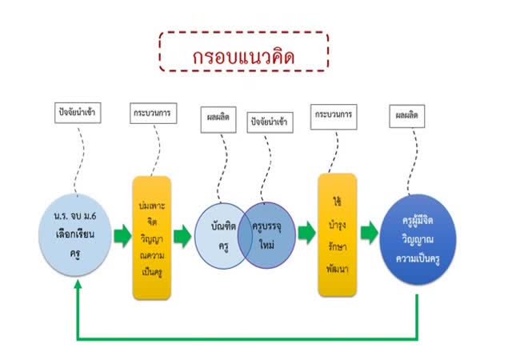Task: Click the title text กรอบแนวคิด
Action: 244,56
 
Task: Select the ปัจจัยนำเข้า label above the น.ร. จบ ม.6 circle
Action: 78,112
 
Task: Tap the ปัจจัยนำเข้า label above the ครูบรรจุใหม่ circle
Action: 270,122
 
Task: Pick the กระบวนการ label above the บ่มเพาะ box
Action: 153,113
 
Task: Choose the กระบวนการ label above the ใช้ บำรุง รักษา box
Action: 334,114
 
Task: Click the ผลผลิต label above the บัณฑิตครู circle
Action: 218,118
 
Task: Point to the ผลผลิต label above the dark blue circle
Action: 406,116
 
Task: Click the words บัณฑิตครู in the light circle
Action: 223,237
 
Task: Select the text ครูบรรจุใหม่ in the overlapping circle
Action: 266,236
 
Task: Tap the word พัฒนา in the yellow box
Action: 338,268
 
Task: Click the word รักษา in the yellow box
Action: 338,247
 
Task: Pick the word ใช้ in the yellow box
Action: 338,202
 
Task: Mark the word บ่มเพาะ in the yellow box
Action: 152,206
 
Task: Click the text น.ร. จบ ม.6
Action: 75,216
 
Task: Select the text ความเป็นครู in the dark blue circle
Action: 418,259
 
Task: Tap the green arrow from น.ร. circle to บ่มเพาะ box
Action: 122,236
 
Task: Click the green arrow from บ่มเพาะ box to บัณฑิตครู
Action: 182,236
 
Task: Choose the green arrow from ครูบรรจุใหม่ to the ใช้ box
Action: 306,233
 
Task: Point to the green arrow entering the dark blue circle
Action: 370,233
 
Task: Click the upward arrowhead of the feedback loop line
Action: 78,285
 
